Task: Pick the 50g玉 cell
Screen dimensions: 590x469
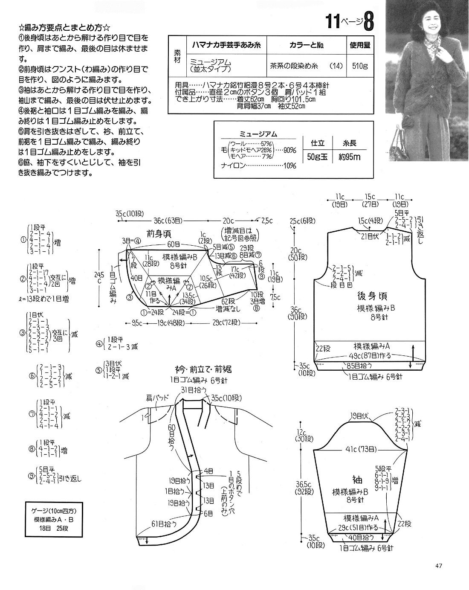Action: [x=317, y=157]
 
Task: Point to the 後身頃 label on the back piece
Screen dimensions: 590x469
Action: [x=370, y=296]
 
